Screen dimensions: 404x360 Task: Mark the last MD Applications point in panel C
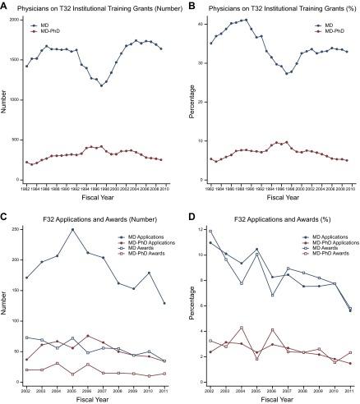pyautogui.click(x=164, y=303)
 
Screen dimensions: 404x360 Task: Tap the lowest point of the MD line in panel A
pyautogui.click(x=102, y=85)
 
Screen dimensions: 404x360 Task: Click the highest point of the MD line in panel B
pyautogui.click(x=270, y=20)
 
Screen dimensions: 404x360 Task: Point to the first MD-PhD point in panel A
pyautogui.click(x=27, y=163)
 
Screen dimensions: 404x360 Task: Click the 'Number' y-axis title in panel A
pyautogui.click(x=6, y=99)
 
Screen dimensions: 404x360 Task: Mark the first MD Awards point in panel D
pyautogui.click(x=210, y=232)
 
